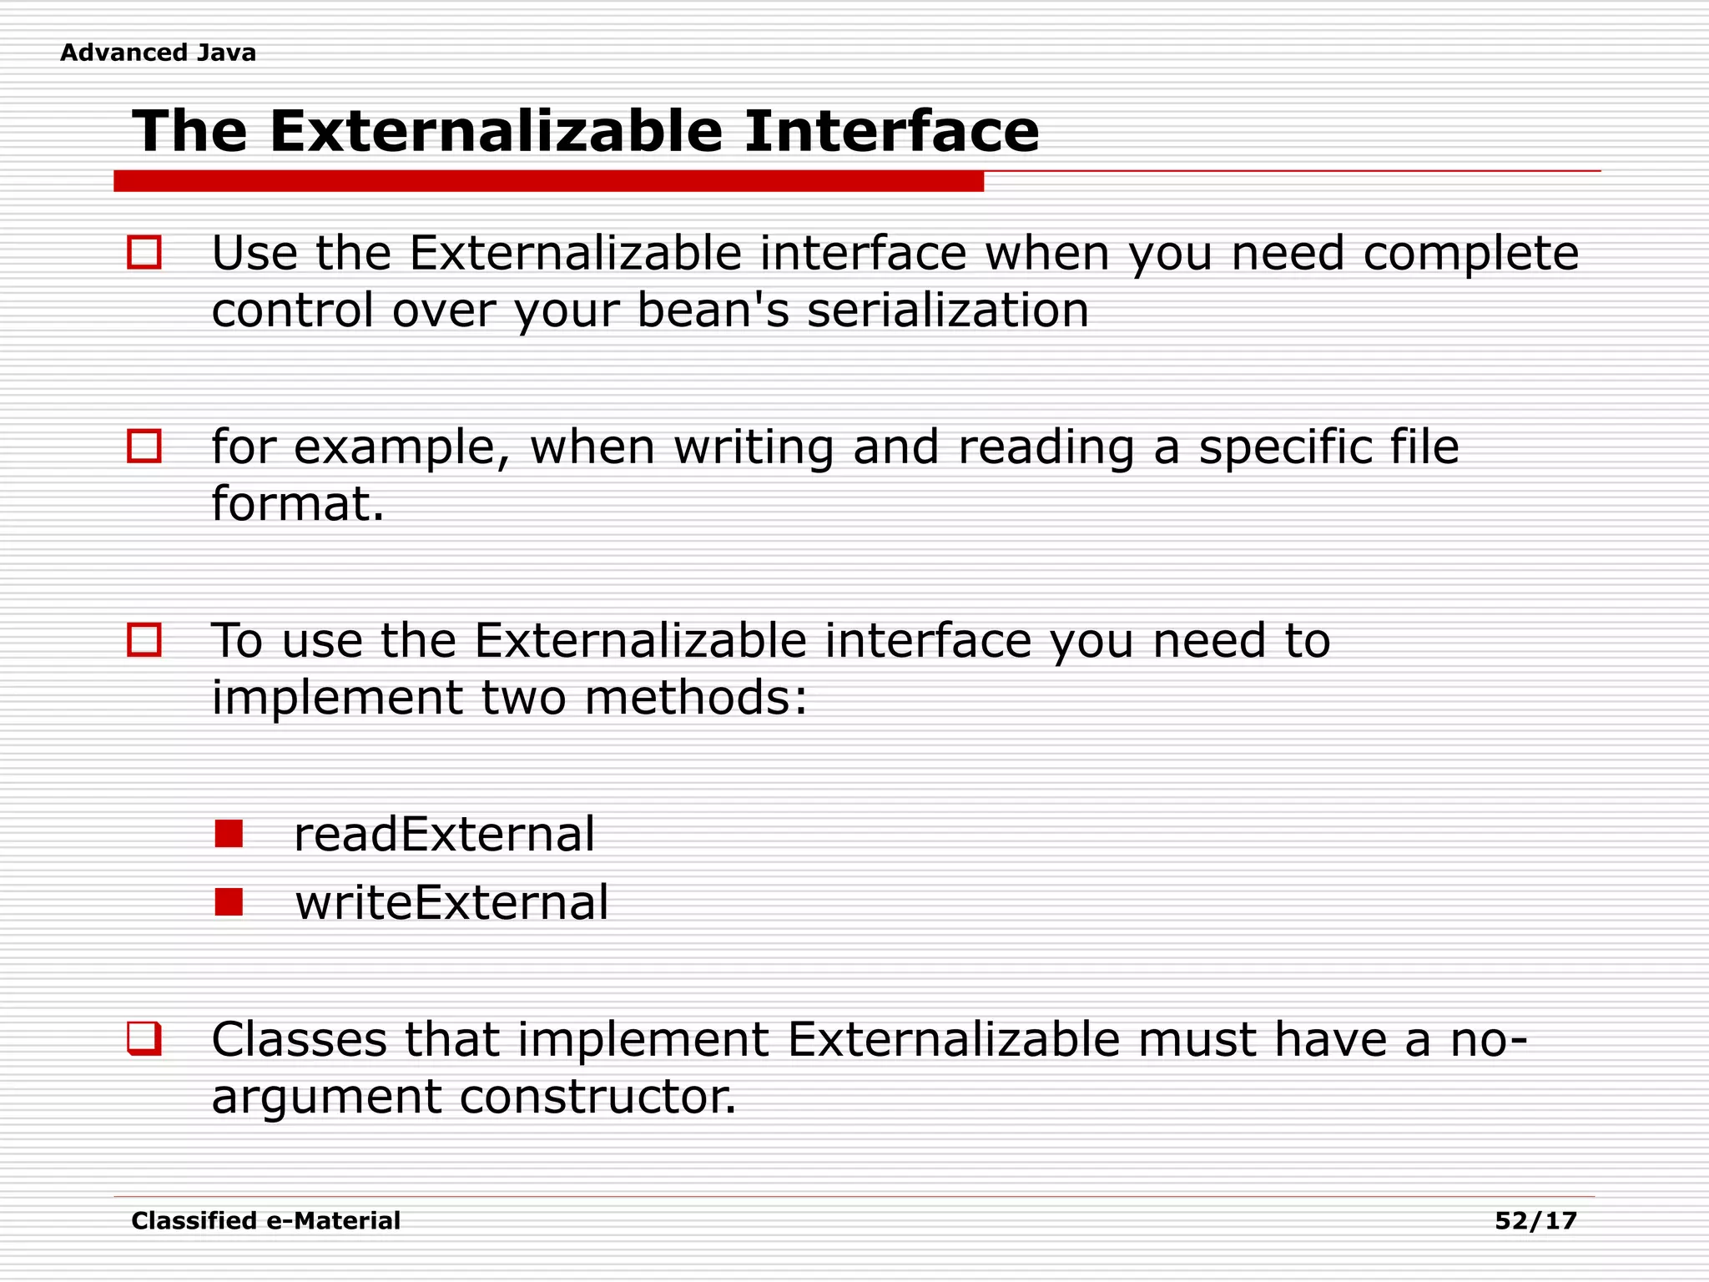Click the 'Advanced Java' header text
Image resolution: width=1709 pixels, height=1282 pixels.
pos(158,53)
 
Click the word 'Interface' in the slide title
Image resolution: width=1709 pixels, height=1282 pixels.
pos(891,131)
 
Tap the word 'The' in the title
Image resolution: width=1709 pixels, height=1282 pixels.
pos(190,131)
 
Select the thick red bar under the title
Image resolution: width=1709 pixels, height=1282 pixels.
pos(548,181)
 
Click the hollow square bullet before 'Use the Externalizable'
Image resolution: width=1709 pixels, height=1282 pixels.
pos(144,252)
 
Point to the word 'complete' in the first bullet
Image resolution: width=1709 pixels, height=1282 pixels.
pos(1470,254)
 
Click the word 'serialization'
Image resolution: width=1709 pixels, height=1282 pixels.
pos(947,310)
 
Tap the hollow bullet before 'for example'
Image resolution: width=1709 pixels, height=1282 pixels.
pos(144,446)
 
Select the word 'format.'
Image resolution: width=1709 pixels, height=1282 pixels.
pos(298,503)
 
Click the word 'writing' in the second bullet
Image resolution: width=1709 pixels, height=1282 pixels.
pos(754,447)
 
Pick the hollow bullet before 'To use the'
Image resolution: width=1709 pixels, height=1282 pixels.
pos(144,640)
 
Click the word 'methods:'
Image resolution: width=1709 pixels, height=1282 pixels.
pos(695,698)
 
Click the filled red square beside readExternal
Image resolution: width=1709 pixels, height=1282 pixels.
pos(228,833)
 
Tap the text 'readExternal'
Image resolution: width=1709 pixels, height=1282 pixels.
pos(444,834)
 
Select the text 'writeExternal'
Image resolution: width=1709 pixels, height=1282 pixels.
pos(451,902)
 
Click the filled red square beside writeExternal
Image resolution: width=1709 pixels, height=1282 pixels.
pos(228,901)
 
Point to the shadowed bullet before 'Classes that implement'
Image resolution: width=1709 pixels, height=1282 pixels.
pos(144,1038)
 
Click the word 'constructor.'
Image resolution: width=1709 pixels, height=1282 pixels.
pos(597,1096)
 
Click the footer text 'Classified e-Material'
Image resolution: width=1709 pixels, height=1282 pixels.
pos(265,1220)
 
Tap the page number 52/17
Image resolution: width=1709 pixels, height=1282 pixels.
pos(1535,1220)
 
